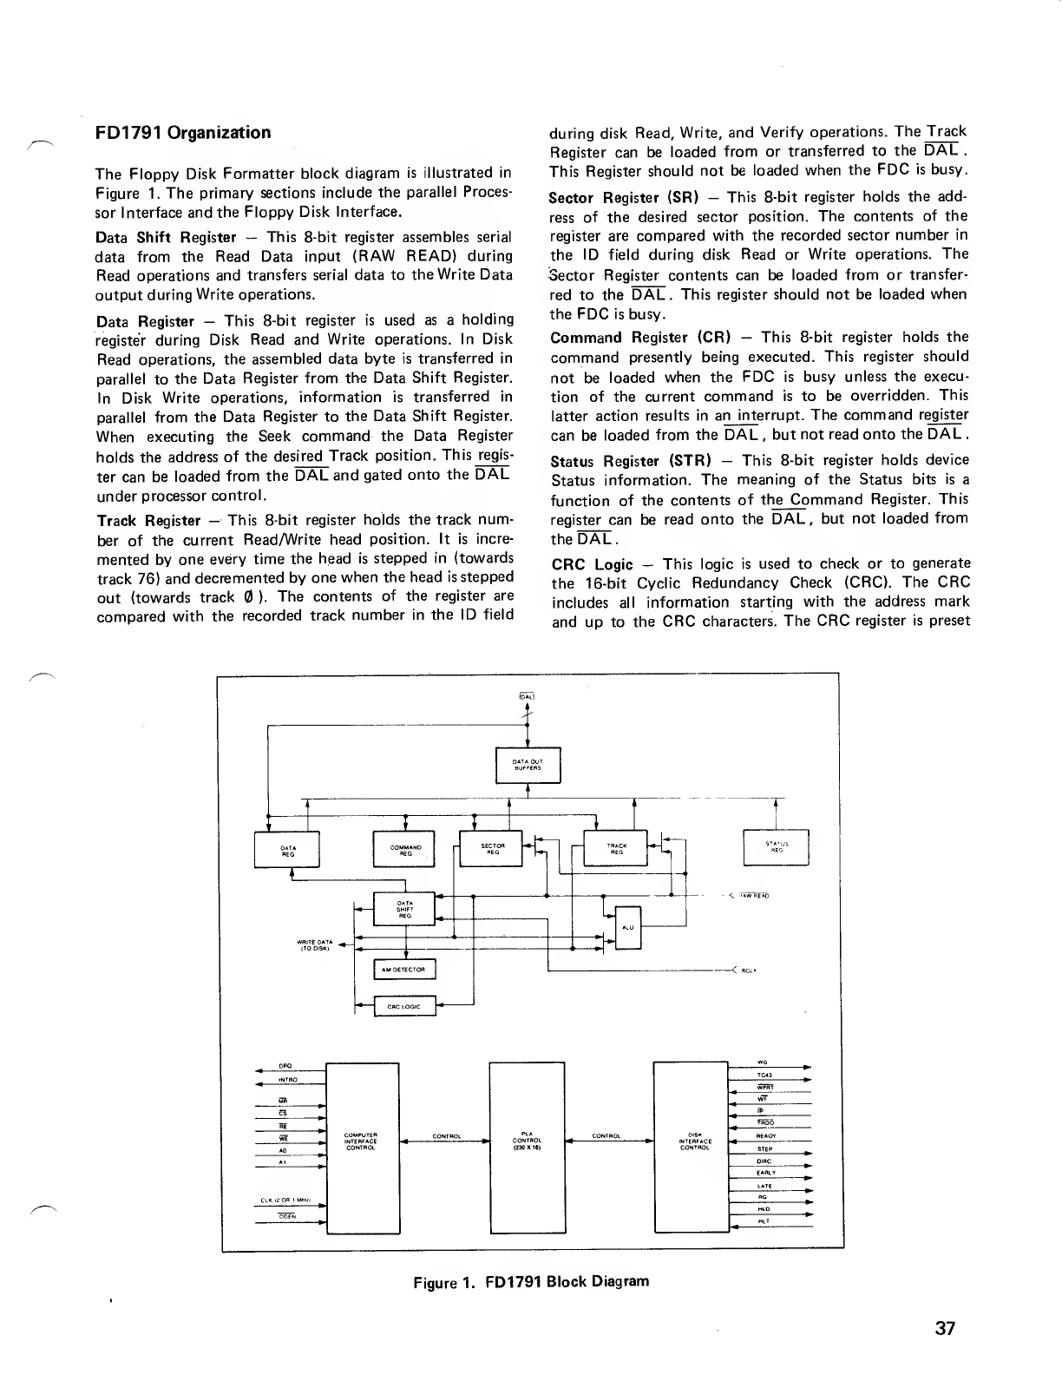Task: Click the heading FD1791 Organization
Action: (x=183, y=133)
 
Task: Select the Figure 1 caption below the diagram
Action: (x=531, y=1281)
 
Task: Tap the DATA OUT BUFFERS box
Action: (x=528, y=765)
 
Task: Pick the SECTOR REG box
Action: (x=492, y=848)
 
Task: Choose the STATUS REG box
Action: (x=777, y=847)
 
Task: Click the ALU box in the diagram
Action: (x=627, y=927)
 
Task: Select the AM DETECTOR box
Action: (x=404, y=969)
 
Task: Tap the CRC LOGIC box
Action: (x=404, y=1006)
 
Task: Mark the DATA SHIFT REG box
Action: (x=404, y=909)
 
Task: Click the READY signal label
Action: (x=765, y=1135)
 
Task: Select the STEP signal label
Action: (x=765, y=1148)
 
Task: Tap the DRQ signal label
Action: (x=284, y=1066)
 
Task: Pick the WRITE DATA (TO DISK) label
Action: (x=315, y=945)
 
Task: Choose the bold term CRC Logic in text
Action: (x=592, y=564)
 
